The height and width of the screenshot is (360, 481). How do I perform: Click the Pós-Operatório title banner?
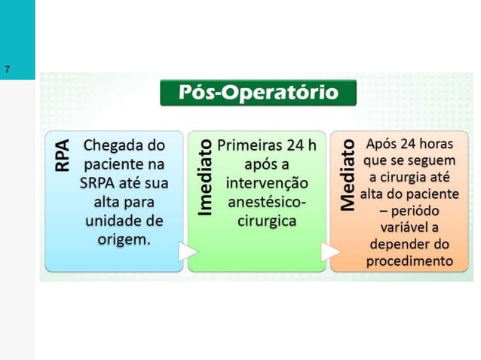pos(258,93)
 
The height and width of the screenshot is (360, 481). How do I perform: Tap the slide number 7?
pos(7,70)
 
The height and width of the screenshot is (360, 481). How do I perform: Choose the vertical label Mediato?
pos(347,173)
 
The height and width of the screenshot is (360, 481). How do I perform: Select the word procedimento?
pos(409,261)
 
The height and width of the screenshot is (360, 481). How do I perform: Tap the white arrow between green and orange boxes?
pos(328,254)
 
